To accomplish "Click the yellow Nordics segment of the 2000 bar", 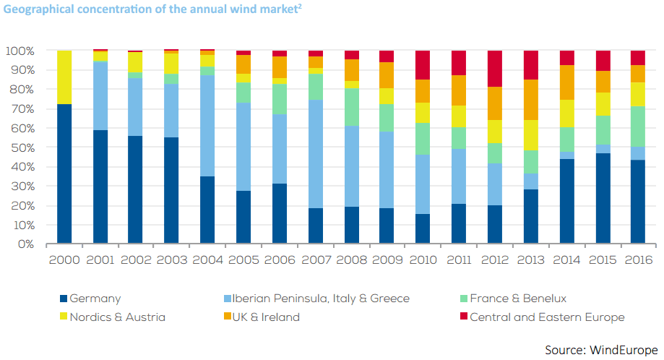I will coord(64,77).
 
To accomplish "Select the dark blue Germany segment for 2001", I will coord(100,187).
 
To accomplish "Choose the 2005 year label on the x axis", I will coord(243,260).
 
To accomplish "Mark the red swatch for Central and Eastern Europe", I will coord(462,317).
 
